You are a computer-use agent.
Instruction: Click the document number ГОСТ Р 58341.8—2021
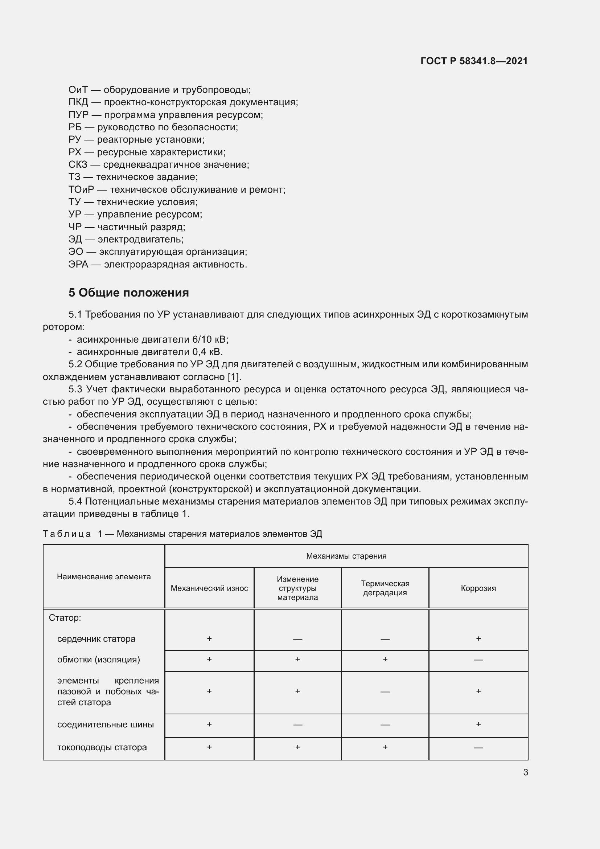pos(474,61)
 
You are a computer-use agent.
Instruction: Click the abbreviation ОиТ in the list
pos(78,90)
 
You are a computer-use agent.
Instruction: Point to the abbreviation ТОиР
pos(81,190)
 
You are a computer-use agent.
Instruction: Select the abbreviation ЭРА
pos(78,264)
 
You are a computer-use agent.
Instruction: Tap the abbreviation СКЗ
pos(78,164)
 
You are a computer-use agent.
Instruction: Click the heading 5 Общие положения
pos(128,293)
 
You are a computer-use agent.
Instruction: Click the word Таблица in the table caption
pos(67,534)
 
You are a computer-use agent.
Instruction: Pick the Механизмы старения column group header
pos(346,556)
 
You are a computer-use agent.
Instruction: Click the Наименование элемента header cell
pos(104,576)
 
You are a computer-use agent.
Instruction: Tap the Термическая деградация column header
pos(385,588)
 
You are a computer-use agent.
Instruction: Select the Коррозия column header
pos(478,588)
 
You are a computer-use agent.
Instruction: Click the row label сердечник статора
pos(96,638)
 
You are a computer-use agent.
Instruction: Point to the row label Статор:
pos(65,617)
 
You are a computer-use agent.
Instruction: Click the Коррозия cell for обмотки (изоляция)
pos(478,660)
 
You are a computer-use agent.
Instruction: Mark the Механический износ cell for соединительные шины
pos(209,724)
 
